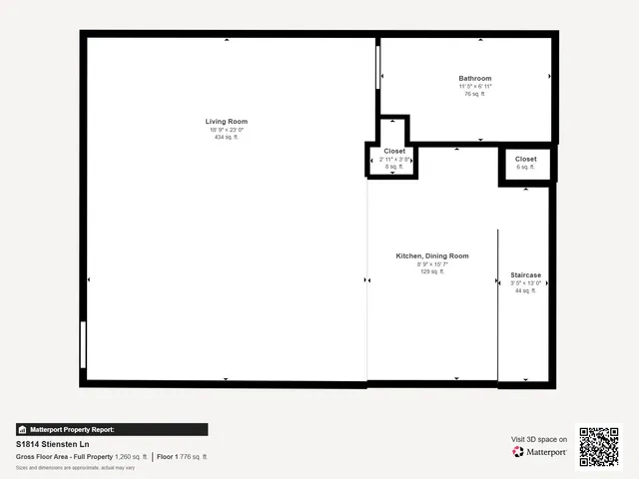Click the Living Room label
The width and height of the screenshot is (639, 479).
pos(226,122)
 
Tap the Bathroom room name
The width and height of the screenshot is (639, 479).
pos(475,79)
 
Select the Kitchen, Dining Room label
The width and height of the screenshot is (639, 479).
pos(432,256)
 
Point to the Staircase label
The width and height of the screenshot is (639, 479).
pos(525,275)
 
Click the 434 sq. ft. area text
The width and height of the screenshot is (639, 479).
pos(226,138)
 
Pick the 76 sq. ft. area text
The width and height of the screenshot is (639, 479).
pos(475,94)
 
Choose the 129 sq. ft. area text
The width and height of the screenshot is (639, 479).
pos(432,271)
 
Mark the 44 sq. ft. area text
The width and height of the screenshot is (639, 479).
pos(525,291)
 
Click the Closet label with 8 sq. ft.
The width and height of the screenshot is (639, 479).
pos(394,151)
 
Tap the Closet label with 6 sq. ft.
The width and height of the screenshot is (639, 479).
pos(525,159)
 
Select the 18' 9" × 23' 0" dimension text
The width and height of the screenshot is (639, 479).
pos(226,130)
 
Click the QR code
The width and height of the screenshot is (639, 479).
pos(599,446)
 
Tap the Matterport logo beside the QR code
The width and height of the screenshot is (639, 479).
pos(539,452)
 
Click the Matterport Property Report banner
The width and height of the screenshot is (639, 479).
pos(112,429)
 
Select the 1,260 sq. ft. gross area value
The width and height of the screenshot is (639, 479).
pos(130,456)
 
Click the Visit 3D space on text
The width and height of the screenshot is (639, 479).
pos(539,439)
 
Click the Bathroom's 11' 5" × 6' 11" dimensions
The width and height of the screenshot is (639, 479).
pos(475,87)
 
